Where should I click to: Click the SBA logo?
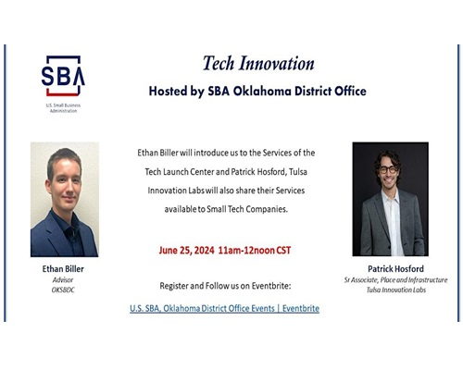[x=63, y=76]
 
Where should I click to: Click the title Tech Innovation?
[x=258, y=63]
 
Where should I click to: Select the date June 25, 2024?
[x=186, y=251]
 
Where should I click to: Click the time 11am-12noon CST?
[x=255, y=251]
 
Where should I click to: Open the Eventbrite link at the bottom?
[x=224, y=308]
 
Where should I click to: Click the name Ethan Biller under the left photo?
[x=63, y=269]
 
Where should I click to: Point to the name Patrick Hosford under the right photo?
[x=395, y=269]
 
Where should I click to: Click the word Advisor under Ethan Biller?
[x=63, y=280]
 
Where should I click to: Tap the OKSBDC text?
[x=63, y=290]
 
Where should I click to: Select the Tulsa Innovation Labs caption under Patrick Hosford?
[x=396, y=290]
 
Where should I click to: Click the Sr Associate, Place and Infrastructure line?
[x=395, y=280]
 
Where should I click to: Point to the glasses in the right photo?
[x=388, y=169]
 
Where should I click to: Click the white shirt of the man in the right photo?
[x=394, y=222]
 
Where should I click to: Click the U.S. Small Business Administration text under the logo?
[x=63, y=108]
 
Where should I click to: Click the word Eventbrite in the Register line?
[x=271, y=286]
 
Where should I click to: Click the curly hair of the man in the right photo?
[x=387, y=156]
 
